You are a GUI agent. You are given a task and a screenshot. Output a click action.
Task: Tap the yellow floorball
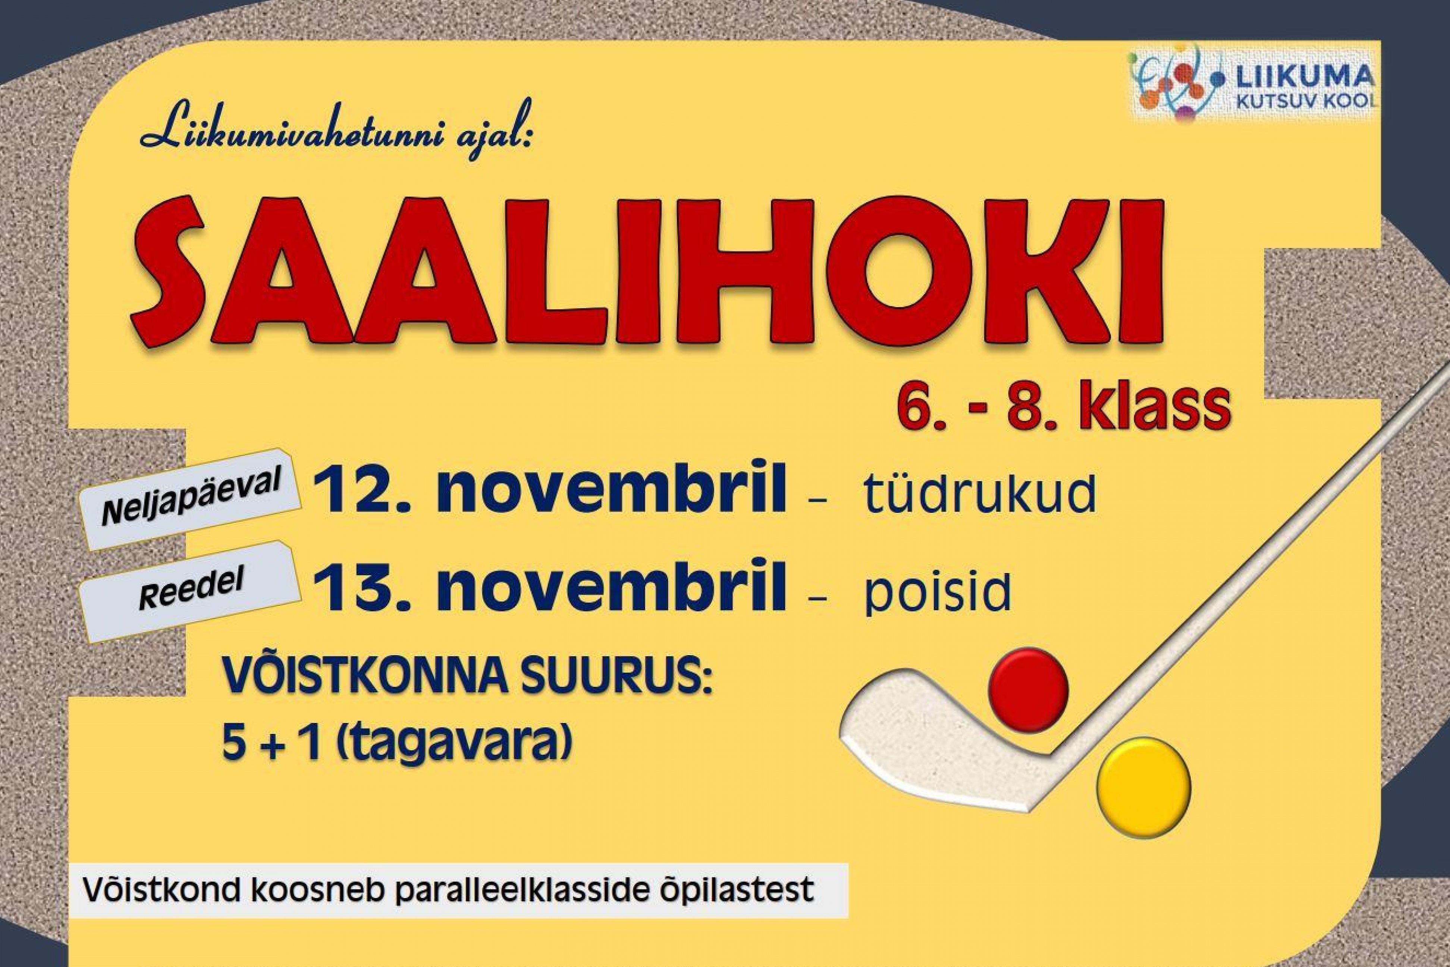click(1143, 789)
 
